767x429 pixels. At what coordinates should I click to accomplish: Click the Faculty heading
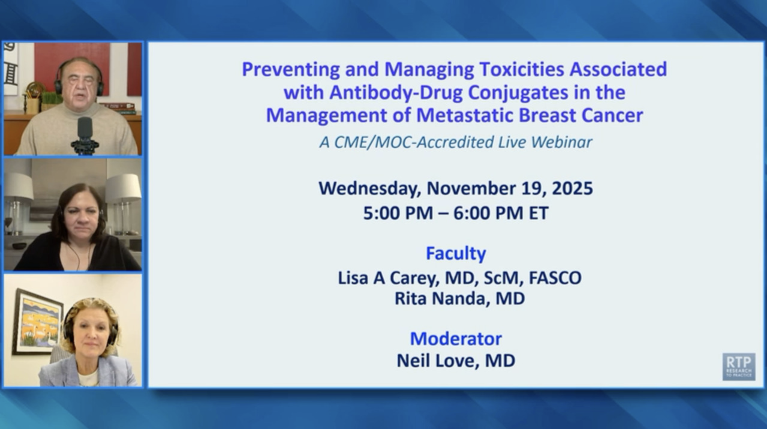pyautogui.click(x=455, y=253)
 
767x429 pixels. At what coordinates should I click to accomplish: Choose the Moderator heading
pyautogui.click(x=455, y=339)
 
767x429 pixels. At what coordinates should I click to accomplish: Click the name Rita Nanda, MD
pyautogui.click(x=459, y=299)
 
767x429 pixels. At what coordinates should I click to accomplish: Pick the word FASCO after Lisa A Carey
pyautogui.click(x=555, y=278)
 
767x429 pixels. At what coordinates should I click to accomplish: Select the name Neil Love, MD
pyautogui.click(x=455, y=361)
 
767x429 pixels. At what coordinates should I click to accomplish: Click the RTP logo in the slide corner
pyautogui.click(x=739, y=367)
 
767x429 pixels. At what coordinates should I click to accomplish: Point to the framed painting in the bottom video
pyautogui.click(x=39, y=321)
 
